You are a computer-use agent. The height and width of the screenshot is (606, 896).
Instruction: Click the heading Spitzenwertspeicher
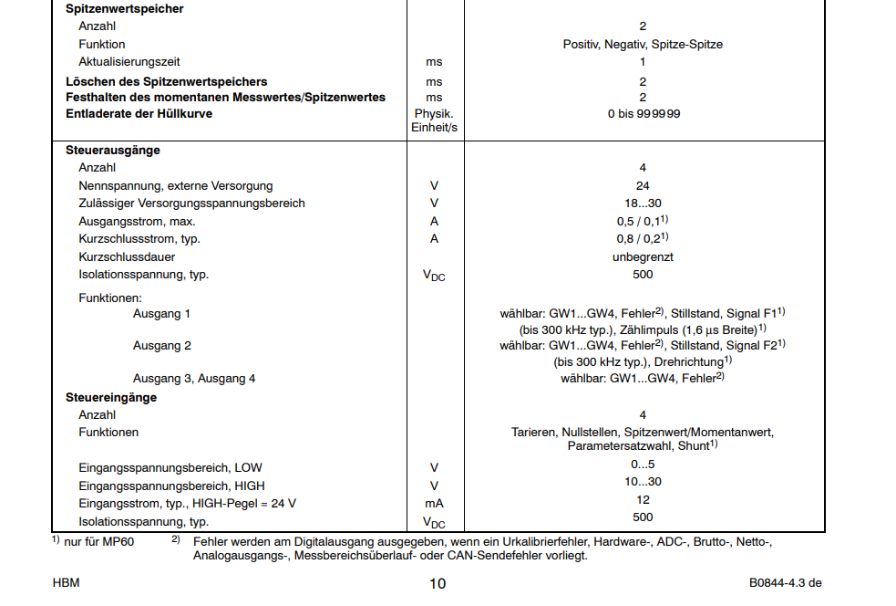point(124,9)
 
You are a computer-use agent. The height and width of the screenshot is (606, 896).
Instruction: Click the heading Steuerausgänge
point(112,151)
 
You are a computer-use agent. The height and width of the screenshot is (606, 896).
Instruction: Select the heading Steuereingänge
point(111,397)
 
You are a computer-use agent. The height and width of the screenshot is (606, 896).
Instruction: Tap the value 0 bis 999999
point(643,115)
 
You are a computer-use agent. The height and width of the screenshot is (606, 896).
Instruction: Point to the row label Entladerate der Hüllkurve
point(139,115)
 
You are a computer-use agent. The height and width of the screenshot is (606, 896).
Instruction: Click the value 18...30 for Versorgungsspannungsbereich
point(643,204)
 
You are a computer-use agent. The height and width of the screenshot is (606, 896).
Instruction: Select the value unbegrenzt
point(643,257)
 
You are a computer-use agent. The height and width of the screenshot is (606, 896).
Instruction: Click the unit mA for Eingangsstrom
point(434,503)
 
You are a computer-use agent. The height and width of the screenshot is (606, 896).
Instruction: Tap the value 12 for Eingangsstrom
point(643,500)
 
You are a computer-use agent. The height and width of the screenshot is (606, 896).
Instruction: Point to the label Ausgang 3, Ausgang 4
point(194,378)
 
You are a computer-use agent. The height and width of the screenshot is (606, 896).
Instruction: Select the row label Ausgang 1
point(162,314)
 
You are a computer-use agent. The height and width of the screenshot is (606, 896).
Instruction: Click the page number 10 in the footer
point(438,583)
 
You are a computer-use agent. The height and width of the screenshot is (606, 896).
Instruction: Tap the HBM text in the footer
point(66,582)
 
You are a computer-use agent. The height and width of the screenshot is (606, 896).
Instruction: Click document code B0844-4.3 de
point(786,582)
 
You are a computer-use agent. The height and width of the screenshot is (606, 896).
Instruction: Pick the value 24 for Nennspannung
point(643,186)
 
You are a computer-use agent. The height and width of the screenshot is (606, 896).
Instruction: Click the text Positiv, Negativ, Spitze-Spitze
point(643,45)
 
